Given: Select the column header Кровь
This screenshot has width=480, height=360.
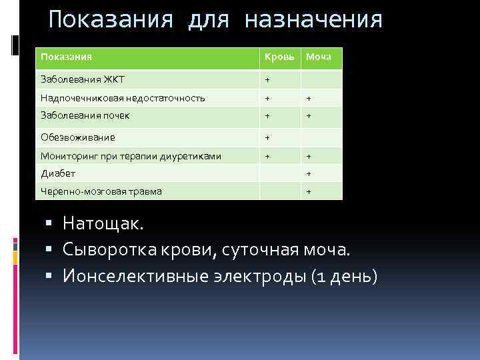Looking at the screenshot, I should (278, 57).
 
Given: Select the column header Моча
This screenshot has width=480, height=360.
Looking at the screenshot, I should (319, 57).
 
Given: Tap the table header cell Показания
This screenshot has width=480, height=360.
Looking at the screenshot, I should (66, 57).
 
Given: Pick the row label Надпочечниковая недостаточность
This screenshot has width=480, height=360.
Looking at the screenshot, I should (123, 98).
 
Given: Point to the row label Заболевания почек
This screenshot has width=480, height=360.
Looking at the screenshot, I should (85, 115).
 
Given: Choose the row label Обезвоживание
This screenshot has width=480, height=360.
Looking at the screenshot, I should (77, 137).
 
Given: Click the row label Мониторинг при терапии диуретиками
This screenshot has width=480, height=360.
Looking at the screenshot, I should (131, 156).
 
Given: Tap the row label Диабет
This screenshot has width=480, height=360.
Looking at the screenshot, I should (58, 173).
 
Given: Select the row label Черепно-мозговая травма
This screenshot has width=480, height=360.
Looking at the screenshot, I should (101, 191).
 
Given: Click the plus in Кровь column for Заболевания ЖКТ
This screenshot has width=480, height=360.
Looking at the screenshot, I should (267, 80).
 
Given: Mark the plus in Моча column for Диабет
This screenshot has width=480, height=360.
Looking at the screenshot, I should (308, 173).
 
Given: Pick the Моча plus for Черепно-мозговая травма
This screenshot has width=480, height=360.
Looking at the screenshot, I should (308, 191).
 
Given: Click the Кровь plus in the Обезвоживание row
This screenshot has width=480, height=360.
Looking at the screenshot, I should (267, 137).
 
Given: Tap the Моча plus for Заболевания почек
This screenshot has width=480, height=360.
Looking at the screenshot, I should (308, 115).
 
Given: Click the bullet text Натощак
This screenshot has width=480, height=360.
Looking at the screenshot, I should (103, 223).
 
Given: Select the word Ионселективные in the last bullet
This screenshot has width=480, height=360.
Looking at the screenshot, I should (136, 275).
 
